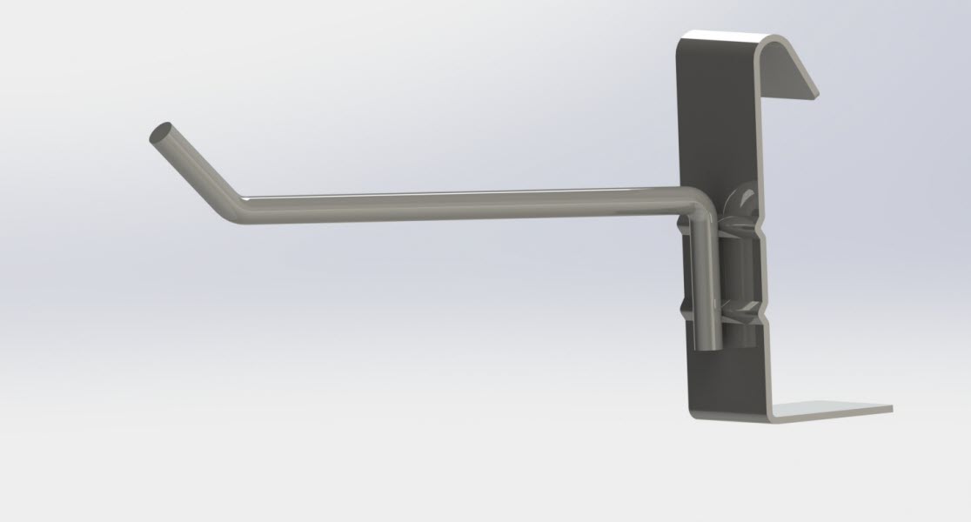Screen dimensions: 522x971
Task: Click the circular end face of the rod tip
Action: pyautogui.click(x=160, y=133)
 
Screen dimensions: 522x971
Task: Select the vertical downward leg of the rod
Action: pyautogui.click(x=706, y=278)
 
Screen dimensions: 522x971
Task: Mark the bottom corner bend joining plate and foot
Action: pyautogui.click(x=766, y=416)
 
